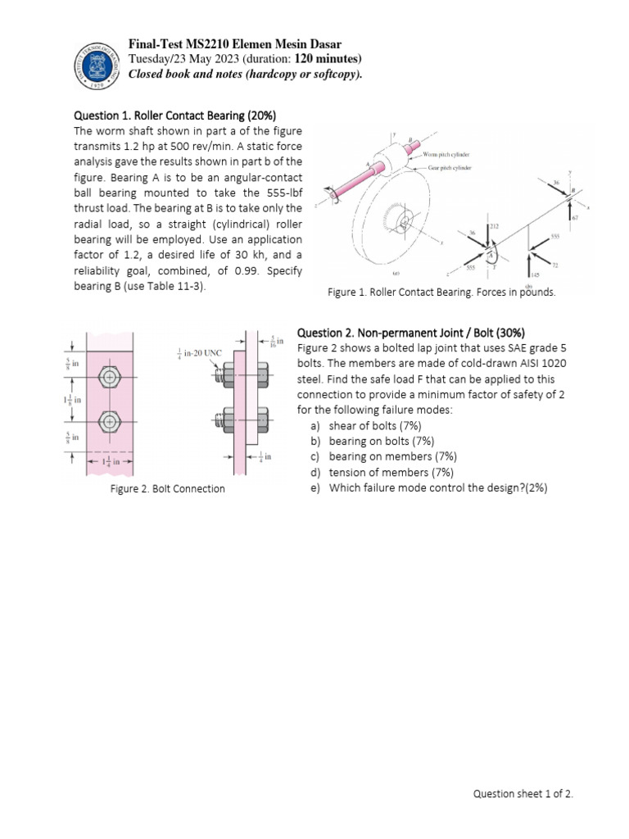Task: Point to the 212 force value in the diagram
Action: coord(495,225)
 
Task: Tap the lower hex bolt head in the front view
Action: coord(109,422)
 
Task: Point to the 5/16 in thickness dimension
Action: coord(278,340)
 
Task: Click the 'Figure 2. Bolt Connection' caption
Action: coord(167,489)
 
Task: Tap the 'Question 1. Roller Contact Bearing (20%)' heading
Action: coord(180,116)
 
